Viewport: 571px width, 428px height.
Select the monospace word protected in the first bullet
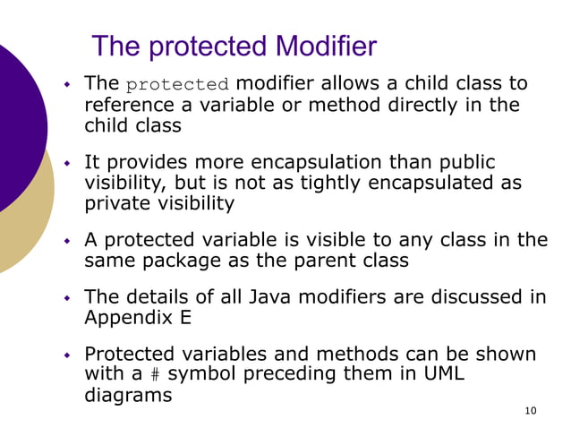click(x=177, y=86)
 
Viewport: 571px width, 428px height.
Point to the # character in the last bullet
click(x=153, y=375)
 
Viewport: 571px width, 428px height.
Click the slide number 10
click(x=531, y=411)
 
